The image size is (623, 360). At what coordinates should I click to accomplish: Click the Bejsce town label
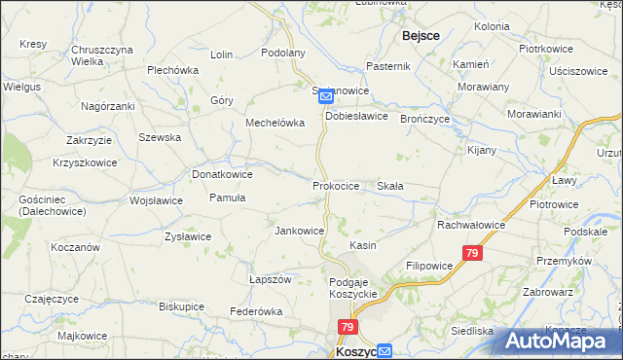(420, 35)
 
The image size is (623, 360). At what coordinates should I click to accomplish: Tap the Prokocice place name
(337, 185)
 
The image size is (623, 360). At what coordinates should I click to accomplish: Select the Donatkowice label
(223, 174)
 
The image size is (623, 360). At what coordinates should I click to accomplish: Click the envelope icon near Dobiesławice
(326, 96)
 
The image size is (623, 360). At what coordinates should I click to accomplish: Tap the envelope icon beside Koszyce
(385, 352)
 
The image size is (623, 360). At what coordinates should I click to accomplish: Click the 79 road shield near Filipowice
(472, 254)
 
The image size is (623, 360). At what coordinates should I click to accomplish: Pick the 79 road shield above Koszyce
(348, 328)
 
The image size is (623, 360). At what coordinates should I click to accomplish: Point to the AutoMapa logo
(562, 340)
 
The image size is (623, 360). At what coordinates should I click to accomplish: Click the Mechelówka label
(275, 124)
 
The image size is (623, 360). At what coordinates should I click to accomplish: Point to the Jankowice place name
(300, 231)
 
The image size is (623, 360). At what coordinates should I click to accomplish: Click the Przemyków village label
(563, 261)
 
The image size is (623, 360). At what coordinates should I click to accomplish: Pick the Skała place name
(390, 185)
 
